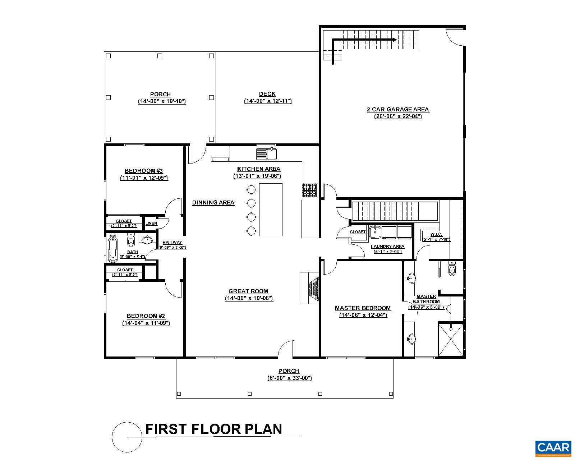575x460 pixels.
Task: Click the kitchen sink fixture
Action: click(266, 154)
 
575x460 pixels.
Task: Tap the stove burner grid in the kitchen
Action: click(310, 190)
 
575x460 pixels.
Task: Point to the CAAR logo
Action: click(553, 447)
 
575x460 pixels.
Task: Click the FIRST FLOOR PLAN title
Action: click(213, 429)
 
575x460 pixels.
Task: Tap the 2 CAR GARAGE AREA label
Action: click(397, 109)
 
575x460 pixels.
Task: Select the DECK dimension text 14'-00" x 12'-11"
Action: click(268, 101)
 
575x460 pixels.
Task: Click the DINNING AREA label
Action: click(213, 203)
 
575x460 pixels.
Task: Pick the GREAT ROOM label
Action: click(248, 291)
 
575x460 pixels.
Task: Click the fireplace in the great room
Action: click(310, 288)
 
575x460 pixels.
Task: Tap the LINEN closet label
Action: click(151, 223)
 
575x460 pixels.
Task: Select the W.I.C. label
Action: click(436, 234)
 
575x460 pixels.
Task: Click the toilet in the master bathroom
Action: click(452, 269)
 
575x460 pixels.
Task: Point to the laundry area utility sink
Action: click(375, 232)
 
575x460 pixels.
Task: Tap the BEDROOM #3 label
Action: click(144, 171)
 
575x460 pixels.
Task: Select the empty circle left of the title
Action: click(126, 437)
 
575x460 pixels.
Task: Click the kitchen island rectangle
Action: click(271, 210)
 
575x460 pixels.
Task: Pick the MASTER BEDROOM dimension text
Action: click(363, 315)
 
